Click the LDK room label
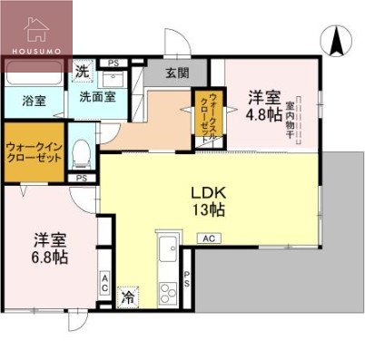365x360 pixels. pyautogui.click(x=207, y=192)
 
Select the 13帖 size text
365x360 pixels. pyautogui.click(x=207, y=209)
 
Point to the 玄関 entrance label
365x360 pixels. pyautogui.click(x=177, y=73)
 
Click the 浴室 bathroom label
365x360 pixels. pyautogui.click(x=34, y=102)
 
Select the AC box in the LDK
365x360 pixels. pyautogui.click(x=208, y=238)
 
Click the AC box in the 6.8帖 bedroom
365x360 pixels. pyautogui.click(x=105, y=285)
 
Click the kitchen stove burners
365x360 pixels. pyautogui.click(x=168, y=293)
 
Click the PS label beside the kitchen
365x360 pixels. pyautogui.click(x=188, y=280)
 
